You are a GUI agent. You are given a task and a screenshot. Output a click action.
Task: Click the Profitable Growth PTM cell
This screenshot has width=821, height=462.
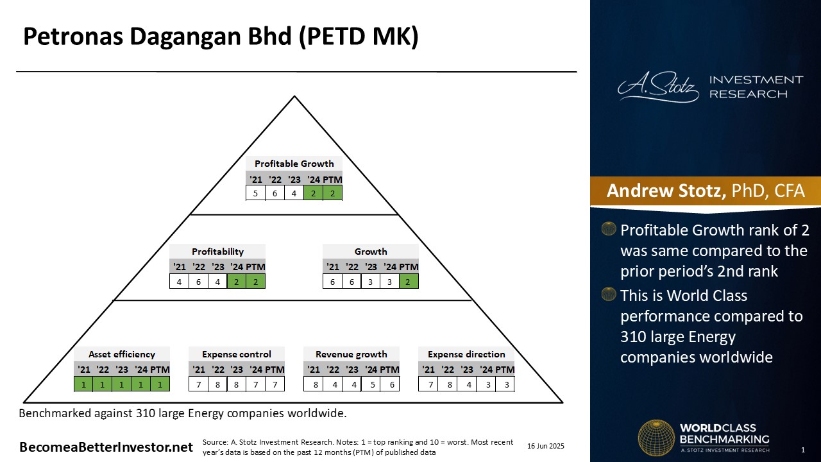pyautogui.click(x=332, y=193)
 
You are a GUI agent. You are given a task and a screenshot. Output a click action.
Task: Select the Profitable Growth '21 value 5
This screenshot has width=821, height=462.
pyautogui.click(x=255, y=193)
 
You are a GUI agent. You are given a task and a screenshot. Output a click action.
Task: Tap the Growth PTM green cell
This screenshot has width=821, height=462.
pyautogui.click(x=409, y=281)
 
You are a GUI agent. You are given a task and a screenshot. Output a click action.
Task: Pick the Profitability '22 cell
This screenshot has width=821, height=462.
pyautogui.click(x=198, y=281)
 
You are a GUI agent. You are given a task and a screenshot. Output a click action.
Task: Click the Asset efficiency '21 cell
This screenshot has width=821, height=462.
pyautogui.click(x=83, y=384)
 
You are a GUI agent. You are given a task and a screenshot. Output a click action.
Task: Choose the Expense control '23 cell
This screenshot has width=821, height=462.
pyautogui.click(x=237, y=384)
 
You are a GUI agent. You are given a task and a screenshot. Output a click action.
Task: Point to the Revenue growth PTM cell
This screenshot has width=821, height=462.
pyautogui.click(x=389, y=384)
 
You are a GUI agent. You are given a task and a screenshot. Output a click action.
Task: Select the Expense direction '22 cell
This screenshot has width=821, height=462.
pyautogui.click(x=450, y=384)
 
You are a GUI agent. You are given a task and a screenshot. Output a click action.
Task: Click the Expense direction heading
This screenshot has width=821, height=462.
pyautogui.click(x=466, y=354)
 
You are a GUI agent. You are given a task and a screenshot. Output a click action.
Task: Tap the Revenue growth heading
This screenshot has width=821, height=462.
pyautogui.click(x=351, y=354)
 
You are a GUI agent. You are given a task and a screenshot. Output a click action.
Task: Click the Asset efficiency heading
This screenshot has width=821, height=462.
pyautogui.click(x=122, y=354)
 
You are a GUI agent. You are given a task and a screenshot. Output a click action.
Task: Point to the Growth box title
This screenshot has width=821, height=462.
pyautogui.click(x=371, y=252)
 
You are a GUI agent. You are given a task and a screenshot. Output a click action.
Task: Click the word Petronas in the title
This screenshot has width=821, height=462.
pyautogui.click(x=73, y=37)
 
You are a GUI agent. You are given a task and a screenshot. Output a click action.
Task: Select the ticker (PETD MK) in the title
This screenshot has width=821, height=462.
pyautogui.click(x=359, y=37)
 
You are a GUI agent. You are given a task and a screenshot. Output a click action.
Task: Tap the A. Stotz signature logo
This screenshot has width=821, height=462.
pyautogui.click(x=658, y=87)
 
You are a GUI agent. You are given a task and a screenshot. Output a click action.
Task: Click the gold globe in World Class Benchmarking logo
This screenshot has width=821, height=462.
pyautogui.click(x=656, y=438)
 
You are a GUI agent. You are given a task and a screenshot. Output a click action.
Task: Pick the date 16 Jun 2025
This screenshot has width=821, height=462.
pyautogui.click(x=546, y=446)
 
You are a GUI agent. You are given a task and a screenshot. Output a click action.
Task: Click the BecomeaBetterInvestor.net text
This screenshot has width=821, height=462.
pyautogui.click(x=106, y=447)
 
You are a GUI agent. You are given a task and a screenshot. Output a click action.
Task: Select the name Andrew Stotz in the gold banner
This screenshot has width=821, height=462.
pyautogui.click(x=666, y=191)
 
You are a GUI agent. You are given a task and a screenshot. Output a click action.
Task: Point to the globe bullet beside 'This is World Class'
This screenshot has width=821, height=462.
pyautogui.click(x=609, y=294)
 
